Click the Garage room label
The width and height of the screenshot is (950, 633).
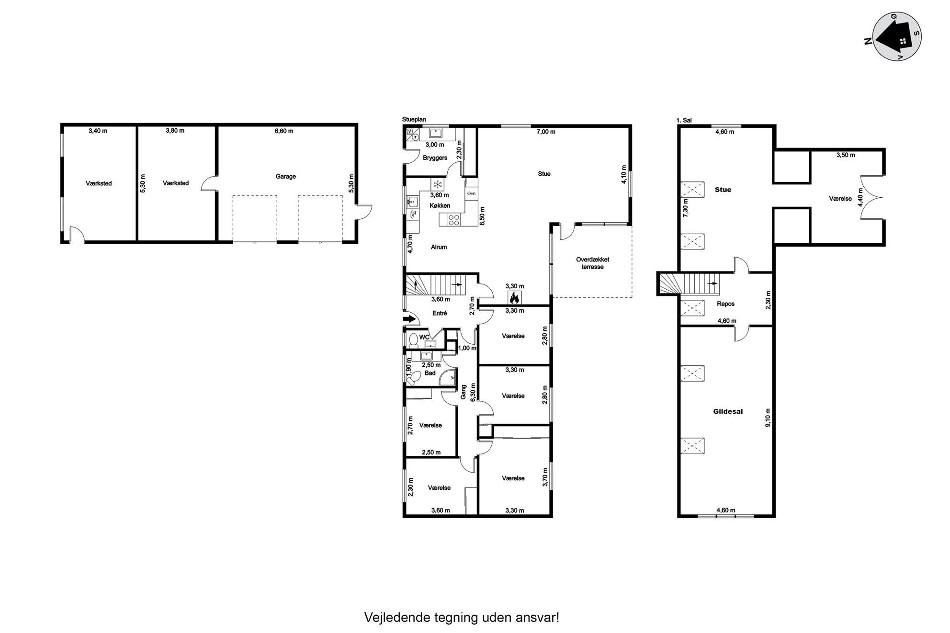(x=285, y=177)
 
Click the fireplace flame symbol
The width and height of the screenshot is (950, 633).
(x=514, y=298)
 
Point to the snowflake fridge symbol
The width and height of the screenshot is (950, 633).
(x=437, y=184)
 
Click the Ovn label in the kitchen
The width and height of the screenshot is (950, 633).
(x=471, y=193)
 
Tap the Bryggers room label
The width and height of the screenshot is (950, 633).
(x=435, y=158)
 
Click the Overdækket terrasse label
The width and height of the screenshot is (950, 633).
(x=592, y=263)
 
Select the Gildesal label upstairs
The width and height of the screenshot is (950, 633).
(x=728, y=411)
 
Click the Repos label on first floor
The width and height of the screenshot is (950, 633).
(x=726, y=304)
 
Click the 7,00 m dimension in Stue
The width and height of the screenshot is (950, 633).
(x=546, y=132)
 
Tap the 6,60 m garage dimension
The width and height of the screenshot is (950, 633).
(x=284, y=131)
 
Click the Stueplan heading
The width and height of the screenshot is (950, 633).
(x=414, y=120)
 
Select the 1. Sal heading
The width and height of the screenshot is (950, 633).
(x=684, y=121)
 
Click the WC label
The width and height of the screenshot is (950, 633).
(x=424, y=338)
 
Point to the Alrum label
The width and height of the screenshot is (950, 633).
(x=439, y=247)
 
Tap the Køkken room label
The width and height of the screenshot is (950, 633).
(x=440, y=206)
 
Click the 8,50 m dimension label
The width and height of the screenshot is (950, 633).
(x=482, y=216)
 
